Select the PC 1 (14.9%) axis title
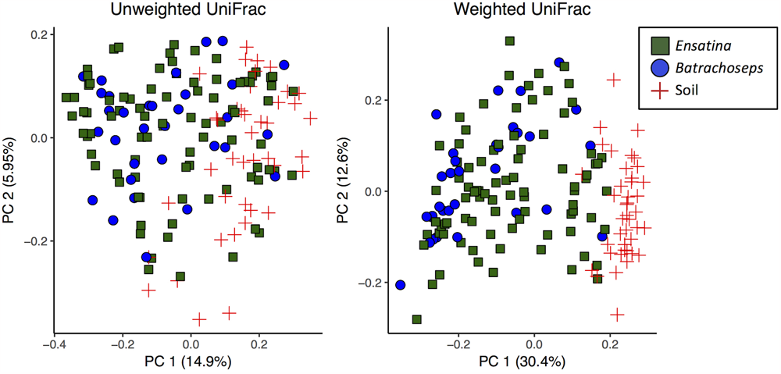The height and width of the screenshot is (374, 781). click(183, 362)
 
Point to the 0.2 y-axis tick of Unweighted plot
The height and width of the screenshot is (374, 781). click(37, 34)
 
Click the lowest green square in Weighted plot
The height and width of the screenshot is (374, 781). click(416, 319)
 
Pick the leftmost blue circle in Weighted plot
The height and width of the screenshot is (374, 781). click(401, 285)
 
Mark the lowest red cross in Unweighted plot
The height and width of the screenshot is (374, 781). click(199, 319)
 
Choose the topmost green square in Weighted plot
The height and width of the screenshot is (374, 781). click(509, 41)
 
